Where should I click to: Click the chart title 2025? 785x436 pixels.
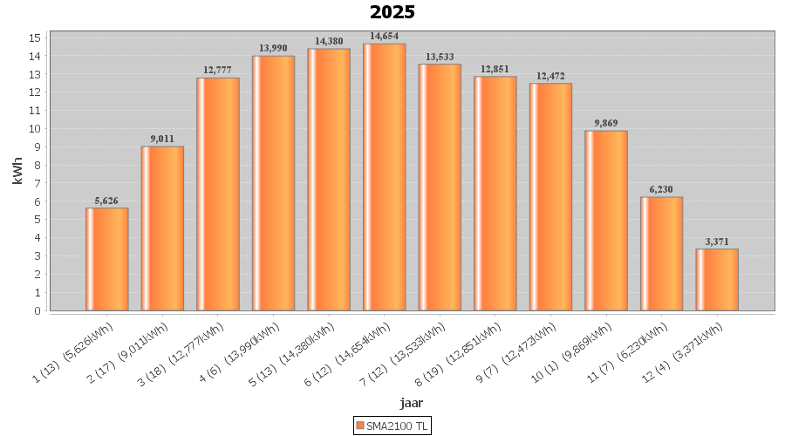pyautogui.click(x=392, y=12)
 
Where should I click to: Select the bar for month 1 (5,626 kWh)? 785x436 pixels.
pyautogui.click(x=107, y=259)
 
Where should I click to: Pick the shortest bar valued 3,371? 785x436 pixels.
pyautogui.click(x=717, y=279)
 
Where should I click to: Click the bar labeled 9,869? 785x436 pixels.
pyautogui.click(x=606, y=221)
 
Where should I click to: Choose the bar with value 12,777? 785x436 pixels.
pyautogui.click(x=218, y=194)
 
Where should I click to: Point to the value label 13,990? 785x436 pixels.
pyautogui.click(x=273, y=48)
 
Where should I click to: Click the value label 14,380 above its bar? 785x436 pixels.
pyautogui.click(x=329, y=41)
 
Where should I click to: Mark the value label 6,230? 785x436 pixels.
pyautogui.click(x=661, y=189)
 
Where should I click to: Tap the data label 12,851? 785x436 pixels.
pyautogui.click(x=495, y=69)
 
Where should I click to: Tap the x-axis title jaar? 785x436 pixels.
pyautogui.click(x=412, y=402)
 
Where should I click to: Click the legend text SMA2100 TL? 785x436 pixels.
pyautogui.click(x=398, y=426)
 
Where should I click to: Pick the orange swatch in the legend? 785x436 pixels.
pyautogui.click(x=359, y=426)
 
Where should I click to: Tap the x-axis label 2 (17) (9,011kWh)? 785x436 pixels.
pyautogui.click(x=137, y=351)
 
